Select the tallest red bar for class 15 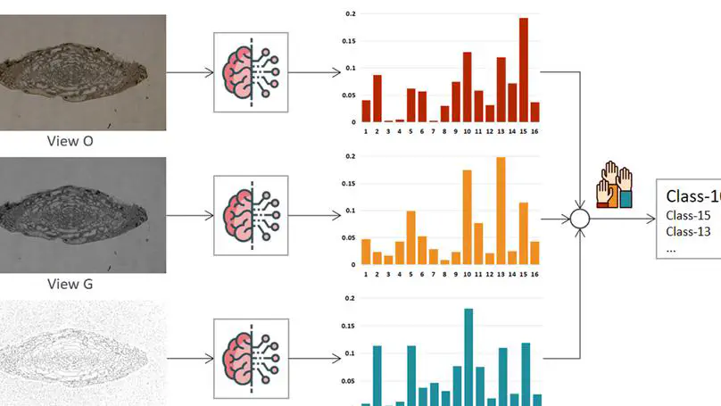[x=524, y=70]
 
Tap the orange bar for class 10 [x=467, y=218]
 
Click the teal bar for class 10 [x=468, y=357]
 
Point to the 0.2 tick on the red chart [x=351, y=14]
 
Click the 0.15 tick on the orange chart [x=349, y=184]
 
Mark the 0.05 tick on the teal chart [x=349, y=380]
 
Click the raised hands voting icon [x=616, y=186]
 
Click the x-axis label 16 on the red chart [x=535, y=130]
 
